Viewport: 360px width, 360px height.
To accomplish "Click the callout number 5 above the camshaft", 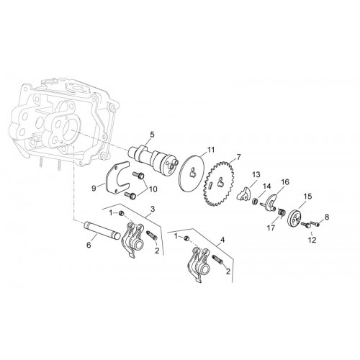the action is [152, 135].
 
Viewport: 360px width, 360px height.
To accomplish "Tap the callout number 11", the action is [210, 150].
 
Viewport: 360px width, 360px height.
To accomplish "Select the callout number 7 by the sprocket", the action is [238, 158].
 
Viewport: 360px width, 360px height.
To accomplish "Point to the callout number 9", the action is [94, 189].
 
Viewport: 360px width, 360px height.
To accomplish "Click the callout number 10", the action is [153, 189].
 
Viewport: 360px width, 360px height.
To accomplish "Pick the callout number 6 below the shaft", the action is [89, 245].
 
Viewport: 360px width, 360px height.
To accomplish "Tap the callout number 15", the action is [307, 197].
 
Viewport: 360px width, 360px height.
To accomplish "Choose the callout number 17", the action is [271, 228].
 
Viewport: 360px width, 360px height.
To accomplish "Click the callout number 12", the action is [312, 240].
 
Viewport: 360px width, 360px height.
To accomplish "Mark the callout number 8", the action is [327, 217].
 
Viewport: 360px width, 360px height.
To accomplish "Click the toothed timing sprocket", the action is [218, 184].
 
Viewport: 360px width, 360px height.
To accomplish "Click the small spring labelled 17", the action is [281, 212].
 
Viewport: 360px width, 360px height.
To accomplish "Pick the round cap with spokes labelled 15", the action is [294, 218].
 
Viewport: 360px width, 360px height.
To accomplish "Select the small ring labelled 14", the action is [256, 200].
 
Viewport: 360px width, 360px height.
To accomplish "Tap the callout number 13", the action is [256, 174].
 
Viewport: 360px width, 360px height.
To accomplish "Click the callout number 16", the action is [285, 181].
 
